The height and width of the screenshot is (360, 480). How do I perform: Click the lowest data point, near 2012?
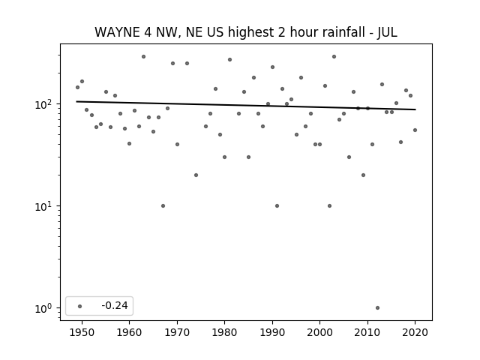click(x=377, y=308)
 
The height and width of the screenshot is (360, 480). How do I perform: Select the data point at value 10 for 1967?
click(x=163, y=206)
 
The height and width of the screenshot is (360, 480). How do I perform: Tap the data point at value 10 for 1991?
click(x=277, y=206)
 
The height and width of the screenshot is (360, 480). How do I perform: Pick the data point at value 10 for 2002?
click(x=329, y=206)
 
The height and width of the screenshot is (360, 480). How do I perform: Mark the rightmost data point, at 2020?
click(x=415, y=130)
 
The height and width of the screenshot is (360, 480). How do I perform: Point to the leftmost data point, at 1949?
click(x=77, y=88)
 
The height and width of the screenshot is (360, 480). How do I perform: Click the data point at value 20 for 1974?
click(x=196, y=175)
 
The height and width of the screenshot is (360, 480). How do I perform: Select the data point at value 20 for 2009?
click(x=363, y=175)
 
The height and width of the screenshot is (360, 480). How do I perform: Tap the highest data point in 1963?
click(x=143, y=57)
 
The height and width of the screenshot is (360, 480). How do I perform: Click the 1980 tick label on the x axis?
click(x=224, y=332)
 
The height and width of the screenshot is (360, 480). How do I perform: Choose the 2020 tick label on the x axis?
click(x=415, y=332)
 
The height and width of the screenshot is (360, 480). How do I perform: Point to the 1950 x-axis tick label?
click(x=82, y=332)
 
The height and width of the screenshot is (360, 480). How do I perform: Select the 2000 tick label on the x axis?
click(x=320, y=332)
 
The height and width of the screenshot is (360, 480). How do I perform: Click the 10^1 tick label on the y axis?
click(x=45, y=207)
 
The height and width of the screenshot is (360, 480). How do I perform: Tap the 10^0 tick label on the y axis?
click(x=45, y=308)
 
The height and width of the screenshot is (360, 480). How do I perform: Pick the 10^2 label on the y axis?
click(x=45, y=104)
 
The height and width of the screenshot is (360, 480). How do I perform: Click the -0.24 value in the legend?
click(x=115, y=305)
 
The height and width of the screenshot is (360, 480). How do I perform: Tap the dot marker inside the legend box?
click(x=80, y=306)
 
